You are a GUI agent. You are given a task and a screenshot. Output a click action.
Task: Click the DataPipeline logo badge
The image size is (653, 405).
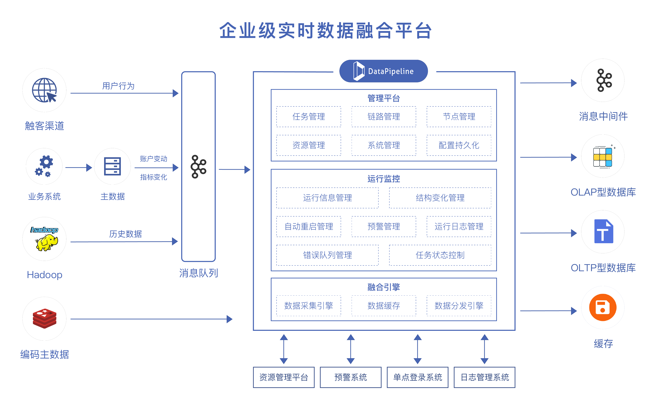383,71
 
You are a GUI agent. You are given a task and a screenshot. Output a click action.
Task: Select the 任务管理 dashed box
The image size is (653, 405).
309,117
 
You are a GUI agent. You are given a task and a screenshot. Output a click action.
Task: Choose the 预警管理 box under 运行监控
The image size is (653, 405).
384,227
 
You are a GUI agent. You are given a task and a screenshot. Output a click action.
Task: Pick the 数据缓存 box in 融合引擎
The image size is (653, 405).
384,306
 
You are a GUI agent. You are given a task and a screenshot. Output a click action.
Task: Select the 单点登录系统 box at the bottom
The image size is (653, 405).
417,377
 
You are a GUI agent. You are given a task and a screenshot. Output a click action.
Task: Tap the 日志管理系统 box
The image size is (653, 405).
484,377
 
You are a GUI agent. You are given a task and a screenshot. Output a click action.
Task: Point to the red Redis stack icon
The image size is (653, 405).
44,319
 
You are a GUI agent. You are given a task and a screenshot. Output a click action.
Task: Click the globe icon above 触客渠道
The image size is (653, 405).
44,90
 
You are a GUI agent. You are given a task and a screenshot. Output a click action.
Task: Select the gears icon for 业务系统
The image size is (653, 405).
44,166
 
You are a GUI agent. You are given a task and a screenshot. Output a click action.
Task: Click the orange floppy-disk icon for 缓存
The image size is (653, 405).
603,308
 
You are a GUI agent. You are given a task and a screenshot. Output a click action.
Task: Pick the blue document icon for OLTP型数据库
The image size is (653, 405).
603,232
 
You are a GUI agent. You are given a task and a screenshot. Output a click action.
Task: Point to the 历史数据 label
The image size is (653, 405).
125,234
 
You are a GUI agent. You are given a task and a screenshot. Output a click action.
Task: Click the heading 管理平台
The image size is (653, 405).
384,98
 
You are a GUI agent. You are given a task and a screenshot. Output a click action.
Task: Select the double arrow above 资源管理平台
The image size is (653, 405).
284,349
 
